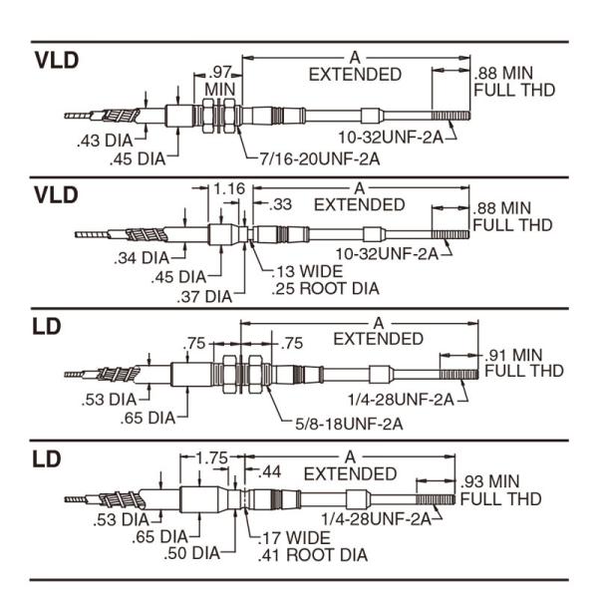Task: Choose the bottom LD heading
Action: pos(47,460)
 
